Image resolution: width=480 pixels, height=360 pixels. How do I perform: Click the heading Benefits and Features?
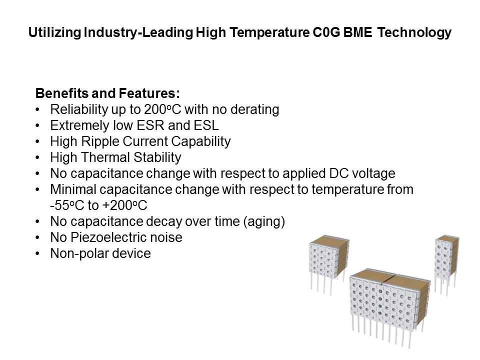[107, 93]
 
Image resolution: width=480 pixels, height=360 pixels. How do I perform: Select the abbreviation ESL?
[207, 125]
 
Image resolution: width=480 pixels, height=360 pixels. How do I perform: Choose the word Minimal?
[70, 189]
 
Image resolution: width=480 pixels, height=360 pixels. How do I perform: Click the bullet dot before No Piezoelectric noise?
[38, 237]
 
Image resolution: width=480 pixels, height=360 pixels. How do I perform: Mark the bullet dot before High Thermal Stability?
[38, 157]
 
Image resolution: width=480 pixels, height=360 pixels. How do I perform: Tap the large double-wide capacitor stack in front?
[390, 305]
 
